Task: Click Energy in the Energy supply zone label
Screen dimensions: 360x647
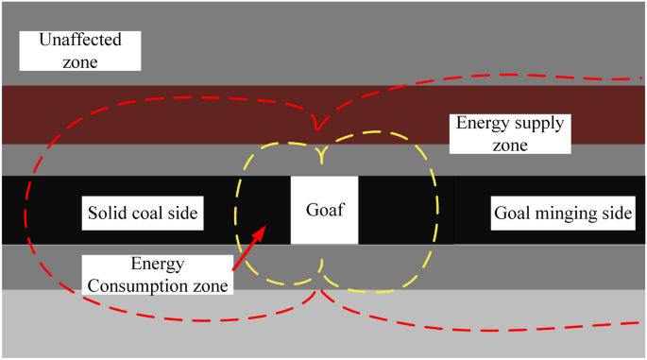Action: (x=482, y=124)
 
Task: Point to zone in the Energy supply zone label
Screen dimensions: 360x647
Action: (x=509, y=145)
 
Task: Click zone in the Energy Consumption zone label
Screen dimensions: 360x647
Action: (x=206, y=283)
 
